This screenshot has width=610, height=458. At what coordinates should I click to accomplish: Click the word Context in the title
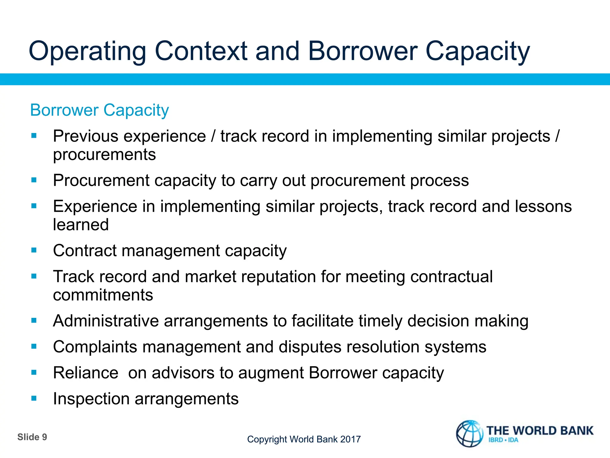pyautogui.click(x=201, y=51)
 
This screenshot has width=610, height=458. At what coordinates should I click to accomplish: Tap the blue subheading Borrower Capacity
pyautogui.click(x=99, y=110)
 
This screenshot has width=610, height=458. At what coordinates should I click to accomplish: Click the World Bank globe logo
pyautogui.click(x=470, y=434)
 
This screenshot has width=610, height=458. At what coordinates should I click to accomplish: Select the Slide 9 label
pyautogui.click(x=32, y=437)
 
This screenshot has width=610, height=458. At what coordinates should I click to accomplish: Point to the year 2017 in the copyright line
pyautogui.click(x=350, y=439)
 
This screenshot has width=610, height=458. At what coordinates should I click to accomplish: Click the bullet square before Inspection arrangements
pyautogui.click(x=34, y=398)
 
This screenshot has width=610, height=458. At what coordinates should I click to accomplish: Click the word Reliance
pyautogui.click(x=86, y=373)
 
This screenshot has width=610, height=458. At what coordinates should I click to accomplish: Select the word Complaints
pyautogui.click(x=95, y=347)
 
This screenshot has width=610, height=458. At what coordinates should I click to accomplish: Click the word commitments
pyautogui.click(x=103, y=295)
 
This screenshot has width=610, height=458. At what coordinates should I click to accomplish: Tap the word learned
pyautogui.click(x=81, y=225)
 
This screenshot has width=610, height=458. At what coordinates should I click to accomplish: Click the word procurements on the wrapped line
pyautogui.click(x=104, y=154)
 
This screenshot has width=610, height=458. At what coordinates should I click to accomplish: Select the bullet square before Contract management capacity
pyautogui.click(x=34, y=250)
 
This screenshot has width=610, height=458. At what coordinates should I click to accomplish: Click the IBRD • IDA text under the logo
pyautogui.click(x=503, y=440)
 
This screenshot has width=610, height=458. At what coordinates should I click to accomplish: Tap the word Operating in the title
pyautogui.click(x=87, y=51)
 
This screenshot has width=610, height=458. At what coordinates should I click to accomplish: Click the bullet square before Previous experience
pyautogui.click(x=34, y=136)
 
